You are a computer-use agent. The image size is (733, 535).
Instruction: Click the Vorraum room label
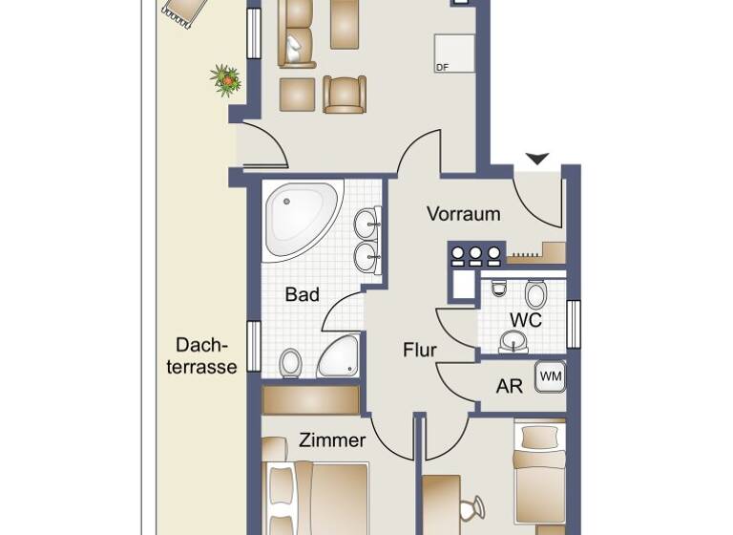463,214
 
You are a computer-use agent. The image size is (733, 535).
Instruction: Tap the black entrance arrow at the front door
537,159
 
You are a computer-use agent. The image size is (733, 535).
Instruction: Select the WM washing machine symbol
550,376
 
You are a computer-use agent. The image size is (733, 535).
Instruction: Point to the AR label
509,387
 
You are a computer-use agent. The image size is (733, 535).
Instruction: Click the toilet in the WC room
535,292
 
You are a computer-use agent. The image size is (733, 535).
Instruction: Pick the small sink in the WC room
513,340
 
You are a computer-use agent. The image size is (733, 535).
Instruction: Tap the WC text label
525,320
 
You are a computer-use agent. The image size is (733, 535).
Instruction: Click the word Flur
419,351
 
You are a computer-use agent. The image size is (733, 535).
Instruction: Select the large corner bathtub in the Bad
299,219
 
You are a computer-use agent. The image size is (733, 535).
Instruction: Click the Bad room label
302,295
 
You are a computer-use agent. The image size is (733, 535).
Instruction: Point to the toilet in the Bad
291,363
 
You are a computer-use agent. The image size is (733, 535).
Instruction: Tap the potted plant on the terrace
226,79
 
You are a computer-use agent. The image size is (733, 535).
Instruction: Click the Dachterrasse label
201,355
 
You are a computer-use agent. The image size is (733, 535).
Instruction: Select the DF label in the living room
442,68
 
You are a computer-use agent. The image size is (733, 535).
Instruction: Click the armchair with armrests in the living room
344,95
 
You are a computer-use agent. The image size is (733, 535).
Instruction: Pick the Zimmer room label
332,440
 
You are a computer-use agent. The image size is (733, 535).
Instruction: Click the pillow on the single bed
540,437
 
